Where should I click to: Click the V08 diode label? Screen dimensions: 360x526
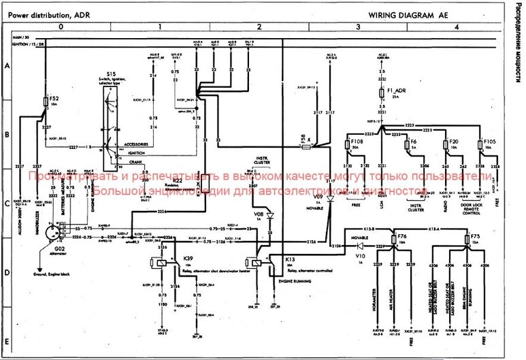click(x=258, y=214)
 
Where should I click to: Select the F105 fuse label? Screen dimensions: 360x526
click(x=490, y=142)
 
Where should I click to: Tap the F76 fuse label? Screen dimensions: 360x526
click(x=402, y=236)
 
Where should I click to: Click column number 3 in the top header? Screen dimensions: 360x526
click(x=359, y=27)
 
